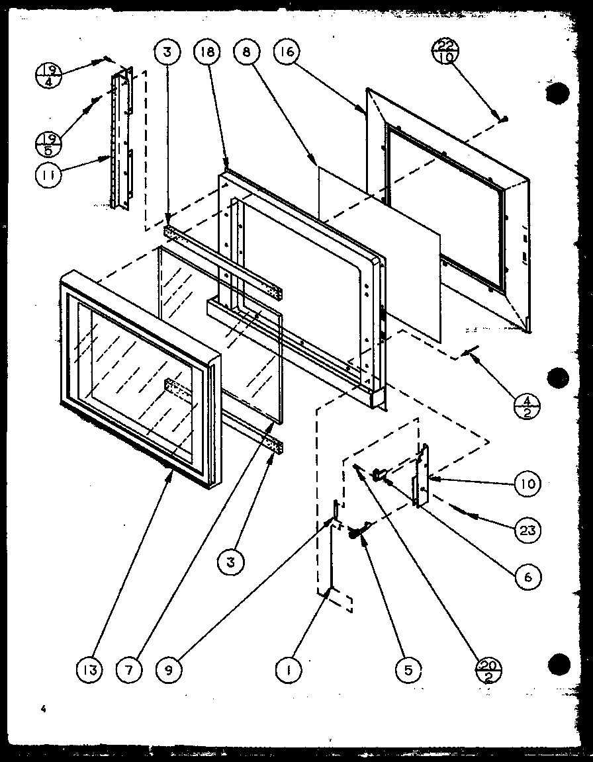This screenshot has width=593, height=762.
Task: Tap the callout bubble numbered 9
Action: (169, 670)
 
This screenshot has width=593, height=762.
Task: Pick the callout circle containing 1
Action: (289, 670)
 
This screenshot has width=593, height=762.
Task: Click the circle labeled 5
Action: (408, 670)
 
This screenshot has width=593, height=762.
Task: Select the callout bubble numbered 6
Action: (527, 576)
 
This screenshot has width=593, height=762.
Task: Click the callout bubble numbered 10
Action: (527, 484)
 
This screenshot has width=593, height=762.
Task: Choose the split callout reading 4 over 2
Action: (527, 403)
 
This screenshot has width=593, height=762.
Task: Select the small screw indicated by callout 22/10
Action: (504, 118)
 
